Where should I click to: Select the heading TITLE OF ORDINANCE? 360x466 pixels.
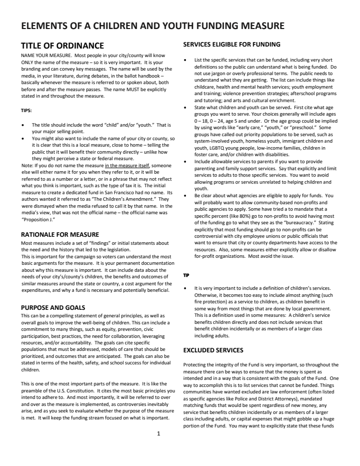coord(62,46)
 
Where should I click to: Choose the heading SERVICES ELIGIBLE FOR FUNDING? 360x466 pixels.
coord(231,45)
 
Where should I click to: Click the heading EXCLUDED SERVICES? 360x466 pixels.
coord(213,350)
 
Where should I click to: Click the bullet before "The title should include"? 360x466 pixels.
coord(23,125)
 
